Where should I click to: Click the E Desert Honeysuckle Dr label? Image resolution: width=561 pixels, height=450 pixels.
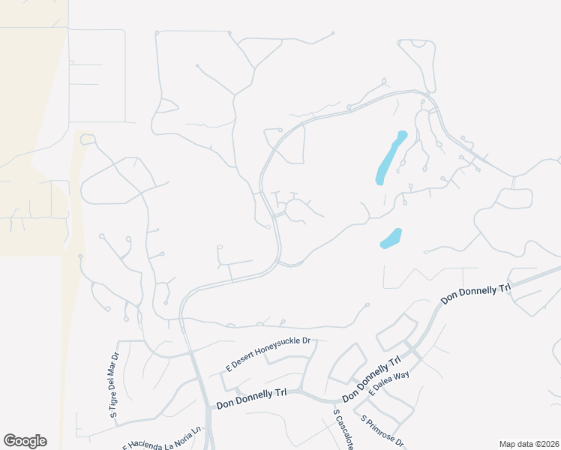pos(268,355)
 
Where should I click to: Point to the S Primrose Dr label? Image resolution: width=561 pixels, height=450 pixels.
pos(382,431)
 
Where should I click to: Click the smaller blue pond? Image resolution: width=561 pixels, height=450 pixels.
pos(391,238)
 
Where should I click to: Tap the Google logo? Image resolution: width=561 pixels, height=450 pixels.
pos(25,441)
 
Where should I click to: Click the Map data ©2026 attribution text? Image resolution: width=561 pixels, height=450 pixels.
pos(528,444)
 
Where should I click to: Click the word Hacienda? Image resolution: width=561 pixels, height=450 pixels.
pos(148,442)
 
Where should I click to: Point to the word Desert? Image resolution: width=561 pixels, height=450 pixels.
pos(243,363)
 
